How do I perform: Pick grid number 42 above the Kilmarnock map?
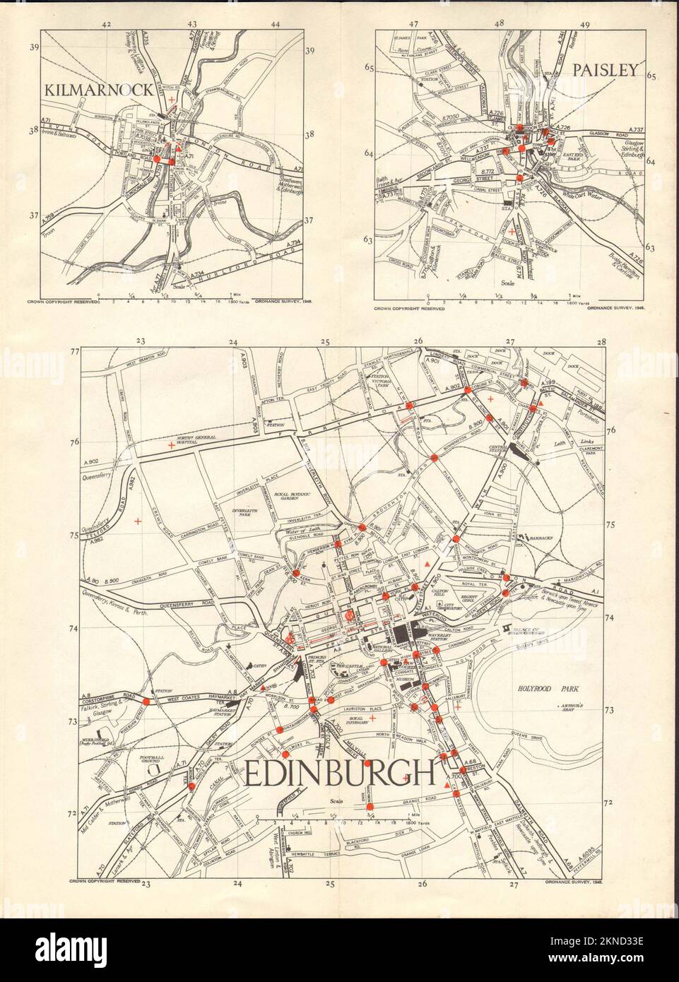tap(107, 25)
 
